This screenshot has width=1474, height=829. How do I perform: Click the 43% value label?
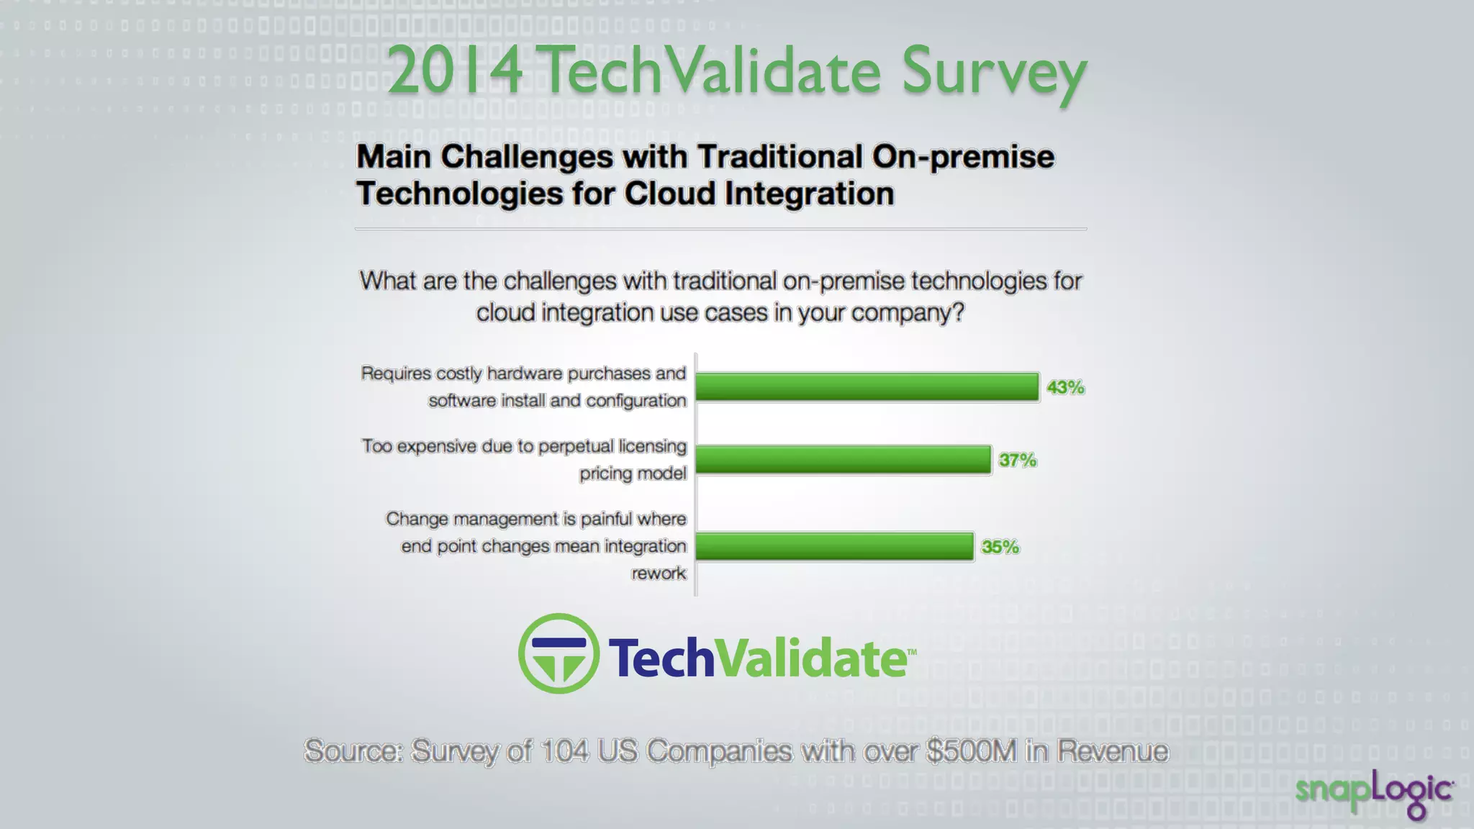click(x=1065, y=388)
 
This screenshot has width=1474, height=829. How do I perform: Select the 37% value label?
click(x=1017, y=461)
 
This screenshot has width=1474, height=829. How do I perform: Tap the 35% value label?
click(x=1000, y=548)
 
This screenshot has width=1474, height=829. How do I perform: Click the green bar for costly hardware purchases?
click(x=867, y=387)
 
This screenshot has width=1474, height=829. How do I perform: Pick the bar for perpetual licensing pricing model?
click(x=843, y=460)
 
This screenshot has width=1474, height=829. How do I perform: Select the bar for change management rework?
click(x=834, y=547)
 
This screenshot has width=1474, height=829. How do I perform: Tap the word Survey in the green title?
click(x=993, y=72)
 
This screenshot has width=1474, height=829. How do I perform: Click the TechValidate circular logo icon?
click(x=559, y=653)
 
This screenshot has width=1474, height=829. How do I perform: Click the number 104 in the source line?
click(x=564, y=751)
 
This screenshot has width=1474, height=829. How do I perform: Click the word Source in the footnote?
click(x=353, y=751)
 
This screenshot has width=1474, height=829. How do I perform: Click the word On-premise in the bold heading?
click(x=963, y=158)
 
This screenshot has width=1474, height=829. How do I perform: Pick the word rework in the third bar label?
click(x=659, y=574)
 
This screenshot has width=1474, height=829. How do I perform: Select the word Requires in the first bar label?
click(x=396, y=373)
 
